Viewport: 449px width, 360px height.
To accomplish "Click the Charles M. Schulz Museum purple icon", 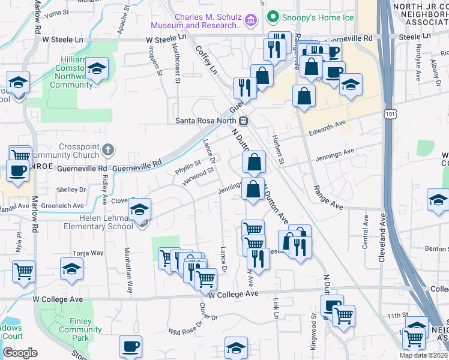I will pos(252,21).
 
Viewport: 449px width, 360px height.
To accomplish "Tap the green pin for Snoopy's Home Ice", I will pos(273,17).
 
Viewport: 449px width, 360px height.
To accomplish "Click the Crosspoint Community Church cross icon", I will pos(107,149).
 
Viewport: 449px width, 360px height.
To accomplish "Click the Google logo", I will pos(20,352).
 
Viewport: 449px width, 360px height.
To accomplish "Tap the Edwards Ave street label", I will pos(328,127).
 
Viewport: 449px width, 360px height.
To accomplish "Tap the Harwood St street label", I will pos(199,176).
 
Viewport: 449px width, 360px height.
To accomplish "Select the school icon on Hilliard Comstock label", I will pos(96,70).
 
